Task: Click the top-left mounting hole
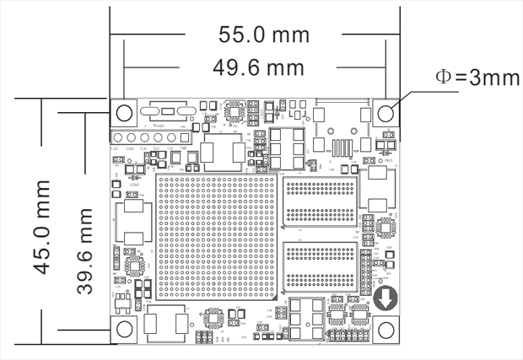tap(125, 112)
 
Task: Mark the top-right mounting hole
tap(386, 112)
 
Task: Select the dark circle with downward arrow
tap(386, 298)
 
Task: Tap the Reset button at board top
tap(169, 112)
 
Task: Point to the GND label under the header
tap(131, 149)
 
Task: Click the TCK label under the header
tap(144, 149)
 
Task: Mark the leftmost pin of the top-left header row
tap(119, 137)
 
